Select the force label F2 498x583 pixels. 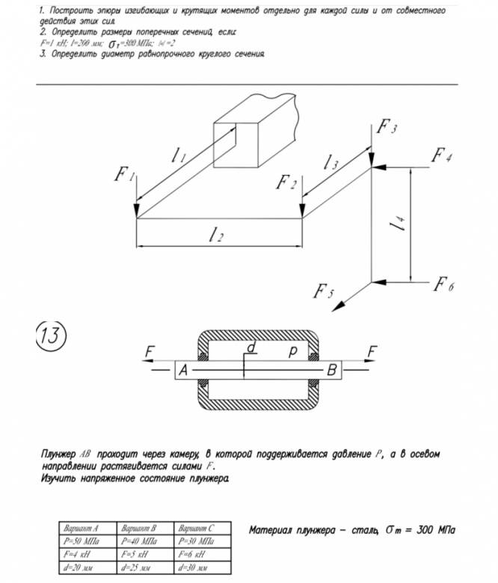click(x=286, y=182)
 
